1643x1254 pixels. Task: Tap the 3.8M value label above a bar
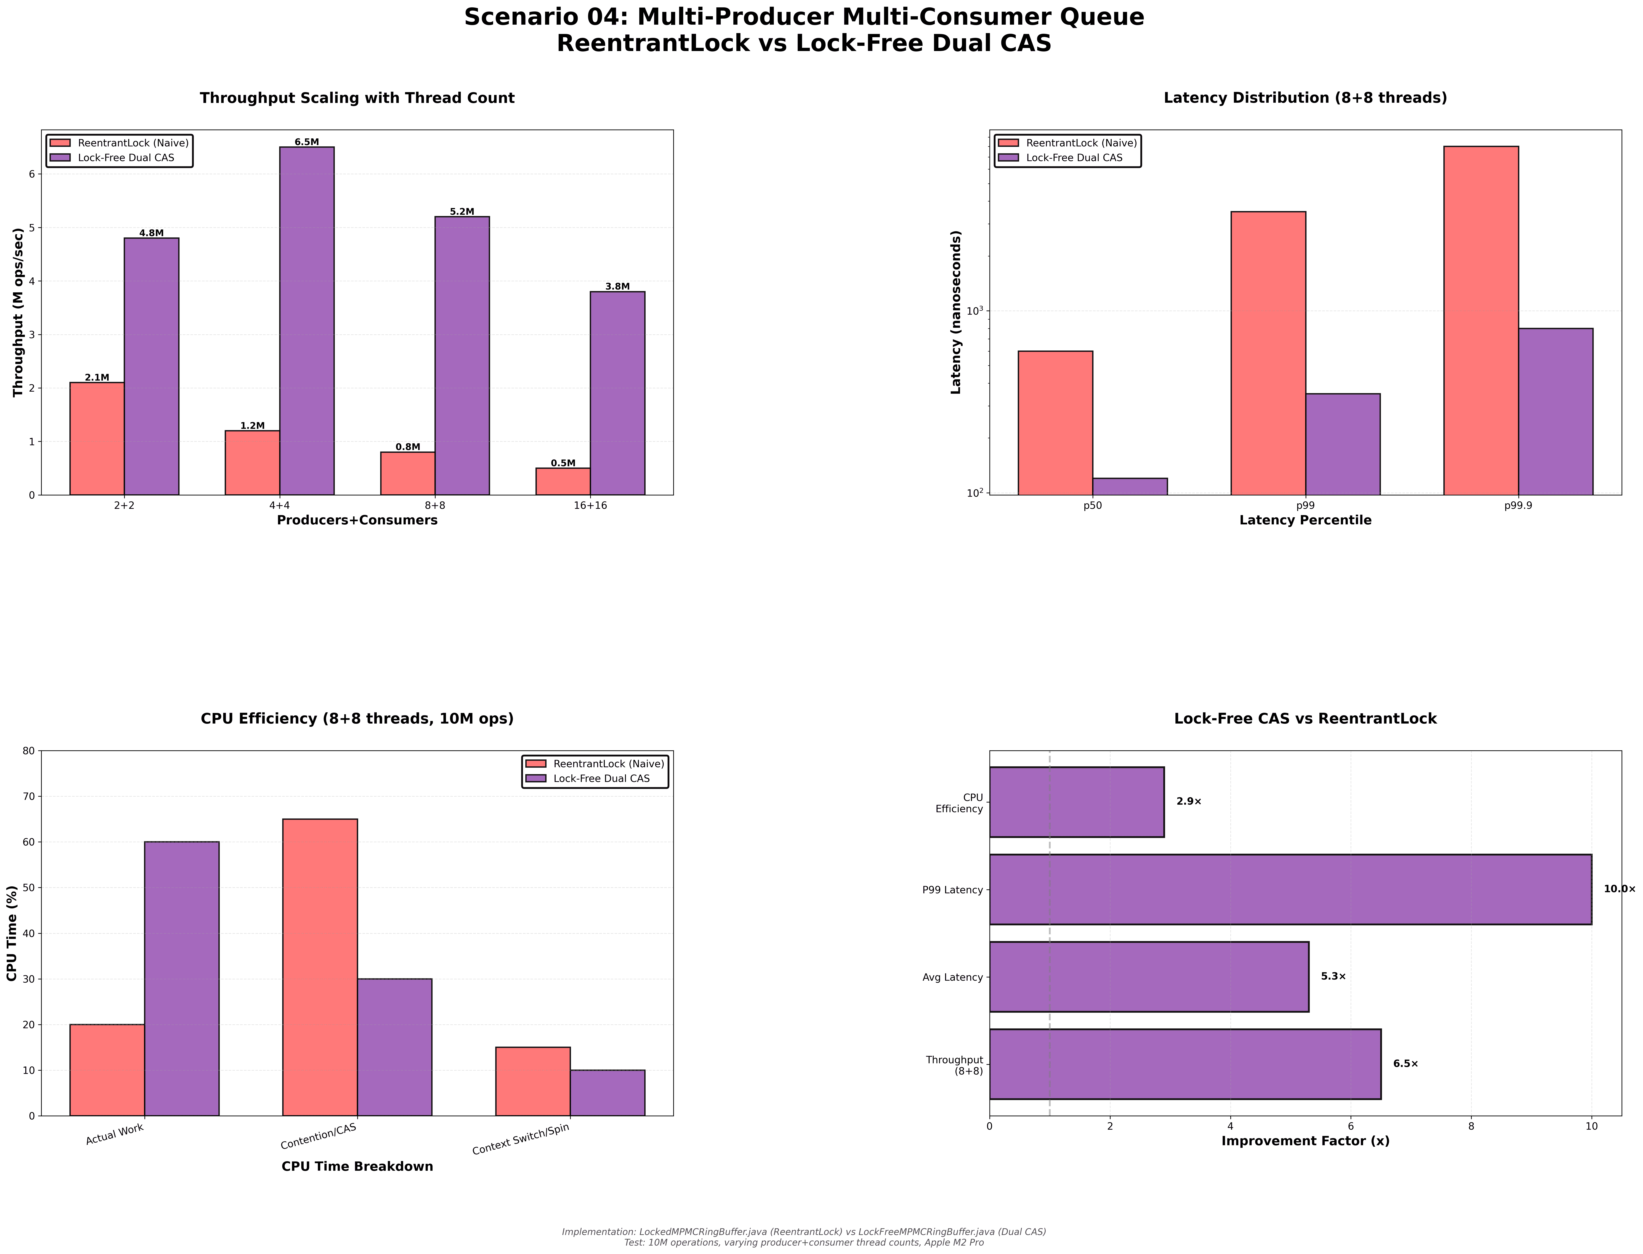pyautogui.click(x=617, y=287)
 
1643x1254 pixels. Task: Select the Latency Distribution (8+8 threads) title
pyautogui.click(x=1305, y=98)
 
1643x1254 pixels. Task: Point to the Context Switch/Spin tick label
pyautogui.click(x=521, y=1139)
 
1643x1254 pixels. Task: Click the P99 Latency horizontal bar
pyautogui.click(x=1290, y=889)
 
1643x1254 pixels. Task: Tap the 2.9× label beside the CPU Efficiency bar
pyautogui.click(x=1188, y=802)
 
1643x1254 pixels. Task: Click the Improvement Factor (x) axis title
pyautogui.click(x=1305, y=1141)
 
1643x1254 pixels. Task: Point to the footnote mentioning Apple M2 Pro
pyautogui.click(x=804, y=1243)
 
